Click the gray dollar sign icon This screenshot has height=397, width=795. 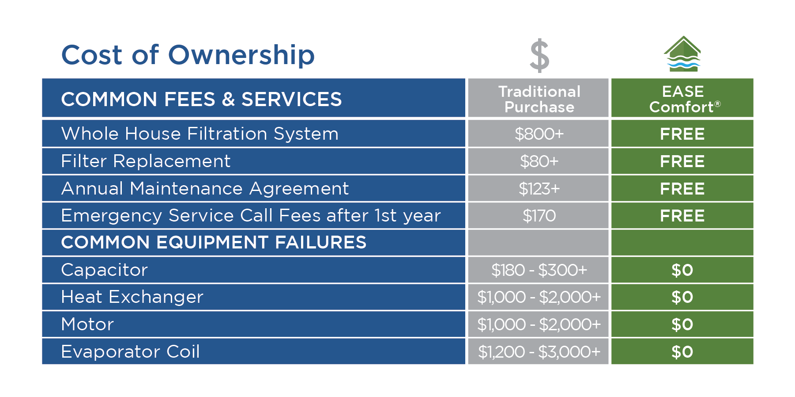[539, 56]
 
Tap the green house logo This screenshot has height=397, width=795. [682, 54]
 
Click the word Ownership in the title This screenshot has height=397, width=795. [241, 56]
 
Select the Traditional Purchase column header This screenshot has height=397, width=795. [539, 99]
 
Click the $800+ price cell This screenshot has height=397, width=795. [539, 134]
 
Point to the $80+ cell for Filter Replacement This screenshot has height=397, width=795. [539, 161]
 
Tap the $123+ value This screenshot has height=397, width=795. [539, 189]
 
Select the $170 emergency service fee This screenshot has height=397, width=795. [539, 216]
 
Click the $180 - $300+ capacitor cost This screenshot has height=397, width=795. [539, 270]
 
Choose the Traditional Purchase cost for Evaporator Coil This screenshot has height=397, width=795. [539, 352]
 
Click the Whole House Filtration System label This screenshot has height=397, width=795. [200, 134]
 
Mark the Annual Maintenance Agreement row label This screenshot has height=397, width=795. [205, 189]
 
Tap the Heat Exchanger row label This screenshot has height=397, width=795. [132, 297]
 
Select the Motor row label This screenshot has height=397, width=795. [87, 324]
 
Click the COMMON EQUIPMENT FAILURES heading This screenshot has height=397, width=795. [214, 242]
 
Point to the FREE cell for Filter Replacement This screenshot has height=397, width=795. [682, 161]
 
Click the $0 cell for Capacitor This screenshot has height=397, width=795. [682, 270]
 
